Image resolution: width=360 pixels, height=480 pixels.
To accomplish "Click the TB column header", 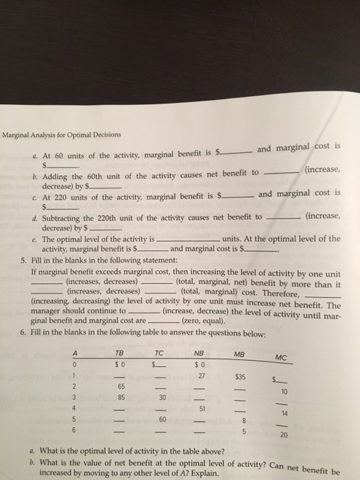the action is coord(119,353).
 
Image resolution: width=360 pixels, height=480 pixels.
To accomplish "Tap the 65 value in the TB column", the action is coord(119,387).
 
